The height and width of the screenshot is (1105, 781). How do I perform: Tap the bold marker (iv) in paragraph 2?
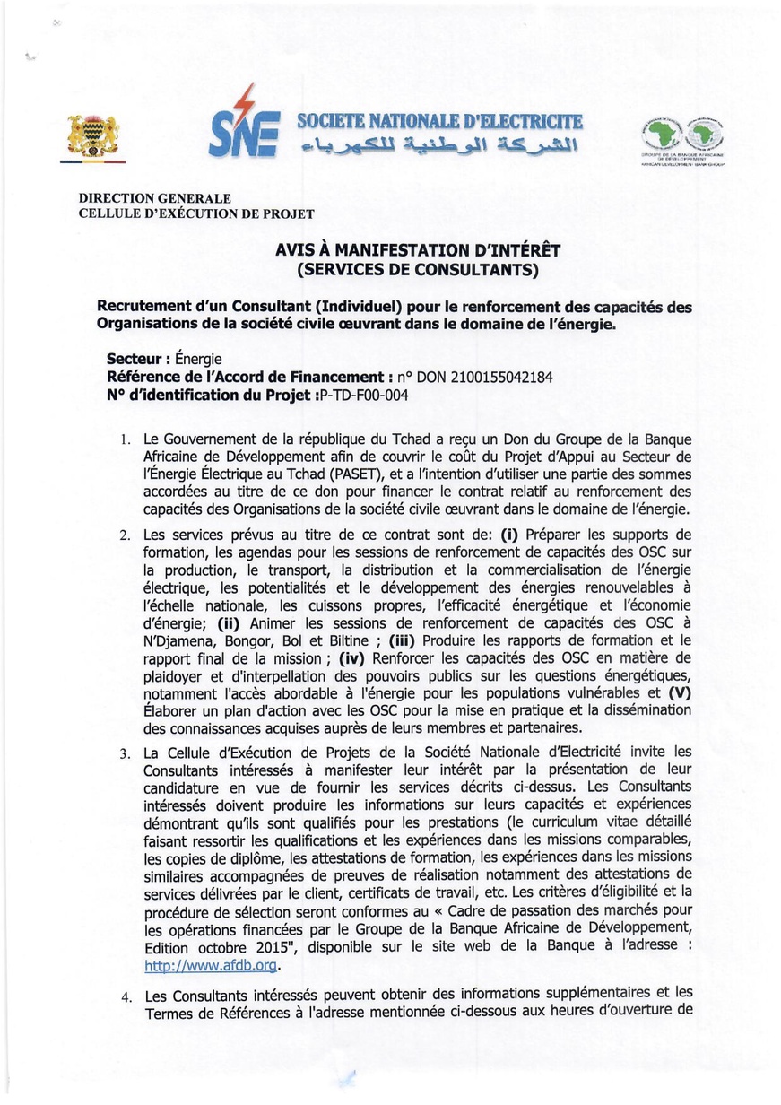(352, 659)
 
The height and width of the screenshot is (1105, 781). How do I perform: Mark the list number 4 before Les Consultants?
(126, 997)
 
